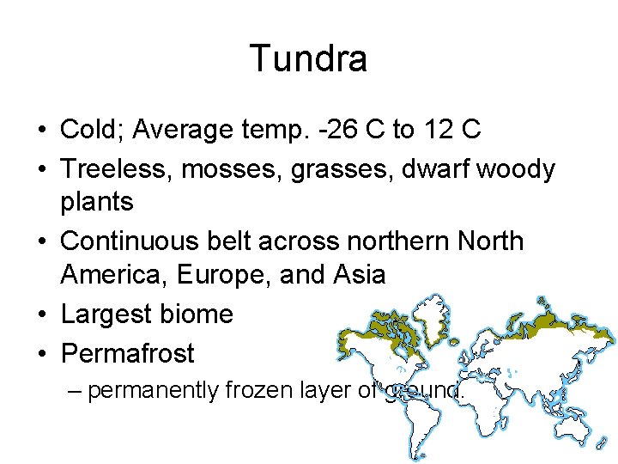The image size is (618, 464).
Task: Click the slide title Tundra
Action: (x=308, y=58)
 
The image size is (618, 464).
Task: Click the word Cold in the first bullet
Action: (x=88, y=130)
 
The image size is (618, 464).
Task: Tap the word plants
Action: (x=97, y=203)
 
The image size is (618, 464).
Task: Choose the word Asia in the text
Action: (x=359, y=275)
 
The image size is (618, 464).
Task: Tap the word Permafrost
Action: (x=128, y=353)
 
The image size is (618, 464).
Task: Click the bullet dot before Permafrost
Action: (x=41, y=353)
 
